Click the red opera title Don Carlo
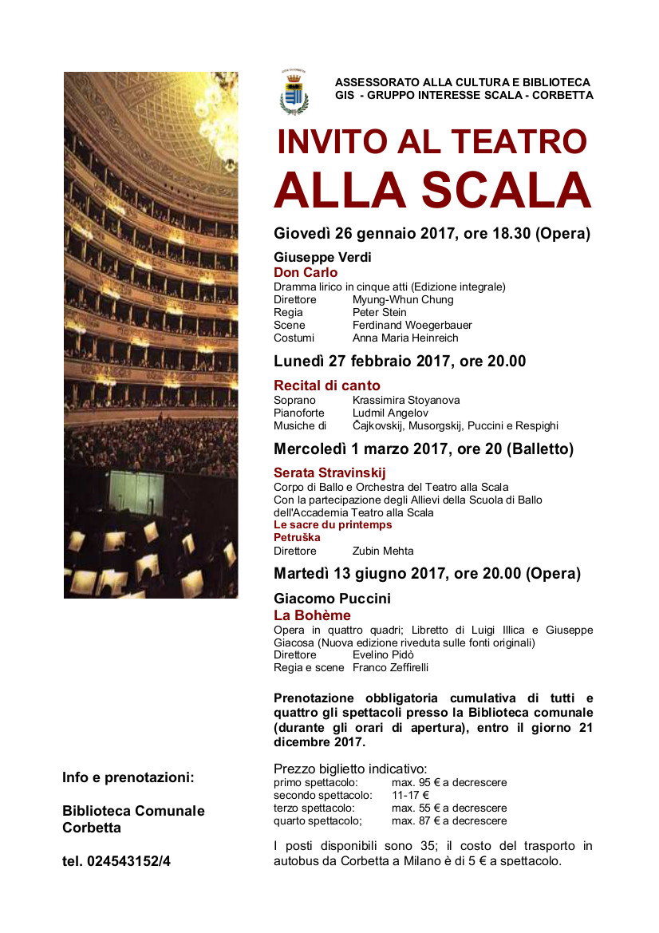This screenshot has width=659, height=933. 306,273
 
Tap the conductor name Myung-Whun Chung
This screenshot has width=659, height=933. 403,299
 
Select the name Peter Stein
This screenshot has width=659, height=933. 380,312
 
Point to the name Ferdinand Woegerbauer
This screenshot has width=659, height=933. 412,325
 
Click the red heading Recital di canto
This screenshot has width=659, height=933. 327,386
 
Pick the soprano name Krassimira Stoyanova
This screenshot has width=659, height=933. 406,400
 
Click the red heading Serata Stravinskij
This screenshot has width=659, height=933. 329,473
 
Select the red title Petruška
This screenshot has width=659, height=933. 297,538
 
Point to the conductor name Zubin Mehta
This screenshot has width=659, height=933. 383,551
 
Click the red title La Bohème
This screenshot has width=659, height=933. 312,615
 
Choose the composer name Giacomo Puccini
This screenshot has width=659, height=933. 332,599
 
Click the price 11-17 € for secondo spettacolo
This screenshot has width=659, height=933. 410,795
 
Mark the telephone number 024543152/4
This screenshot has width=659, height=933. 116,861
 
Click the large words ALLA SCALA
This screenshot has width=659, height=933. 432,191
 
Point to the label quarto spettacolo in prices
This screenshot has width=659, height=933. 318,820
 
